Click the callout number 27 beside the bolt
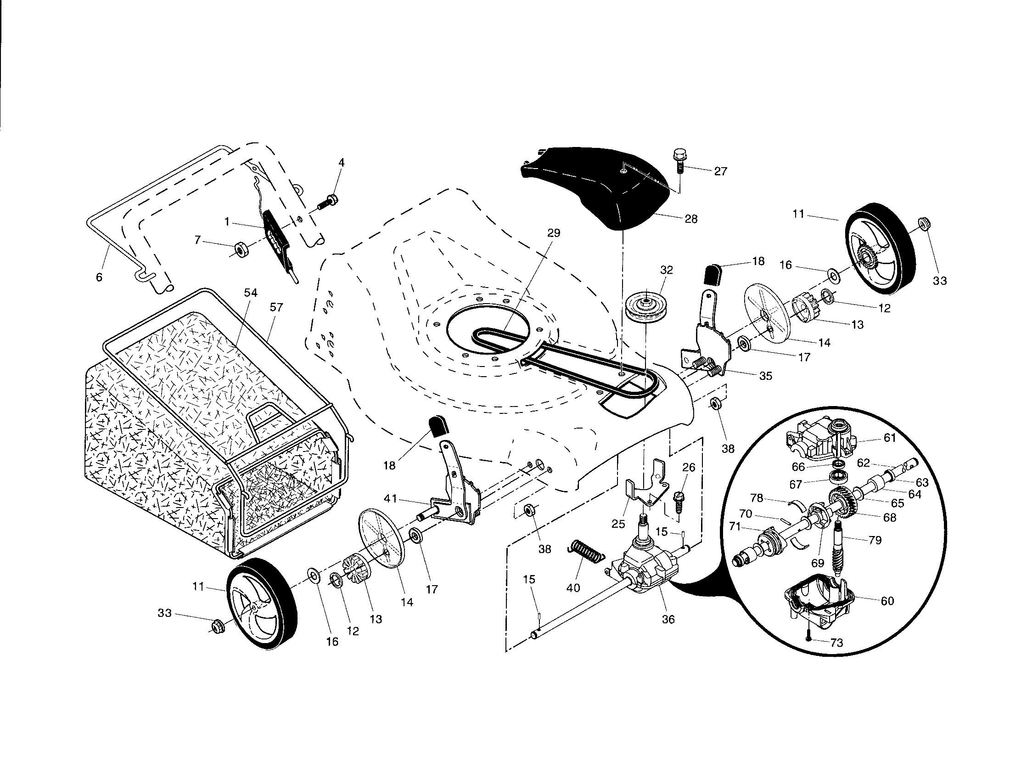click(x=720, y=171)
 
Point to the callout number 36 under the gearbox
click(x=668, y=619)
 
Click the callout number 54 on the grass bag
click(x=251, y=293)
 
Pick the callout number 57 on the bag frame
click(x=276, y=307)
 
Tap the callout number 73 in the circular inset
click(x=836, y=643)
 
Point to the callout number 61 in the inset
click(x=890, y=438)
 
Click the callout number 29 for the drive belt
click(x=554, y=233)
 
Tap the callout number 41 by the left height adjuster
click(x=390, y=498)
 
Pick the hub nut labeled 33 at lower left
click(x=215, y=627)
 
